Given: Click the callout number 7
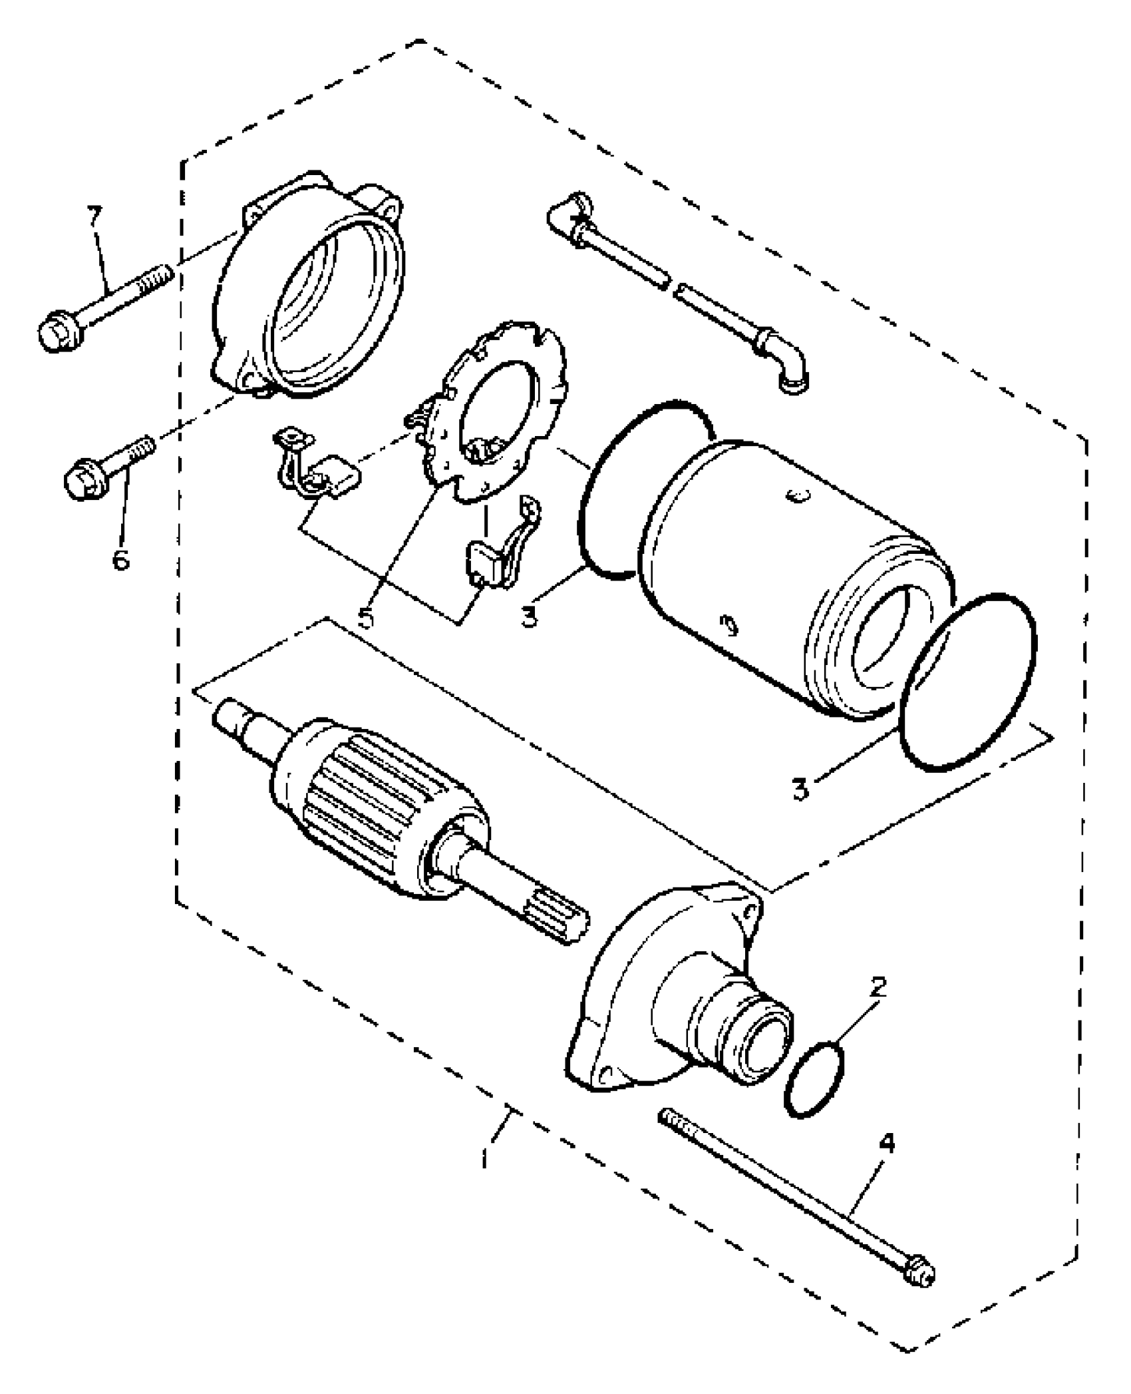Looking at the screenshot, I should tap(95, 218).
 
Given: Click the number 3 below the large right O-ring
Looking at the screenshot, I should tap(802, 788).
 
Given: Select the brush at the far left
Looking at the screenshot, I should tap(339, 477).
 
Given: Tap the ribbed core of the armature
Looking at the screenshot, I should tap(376, 798).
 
